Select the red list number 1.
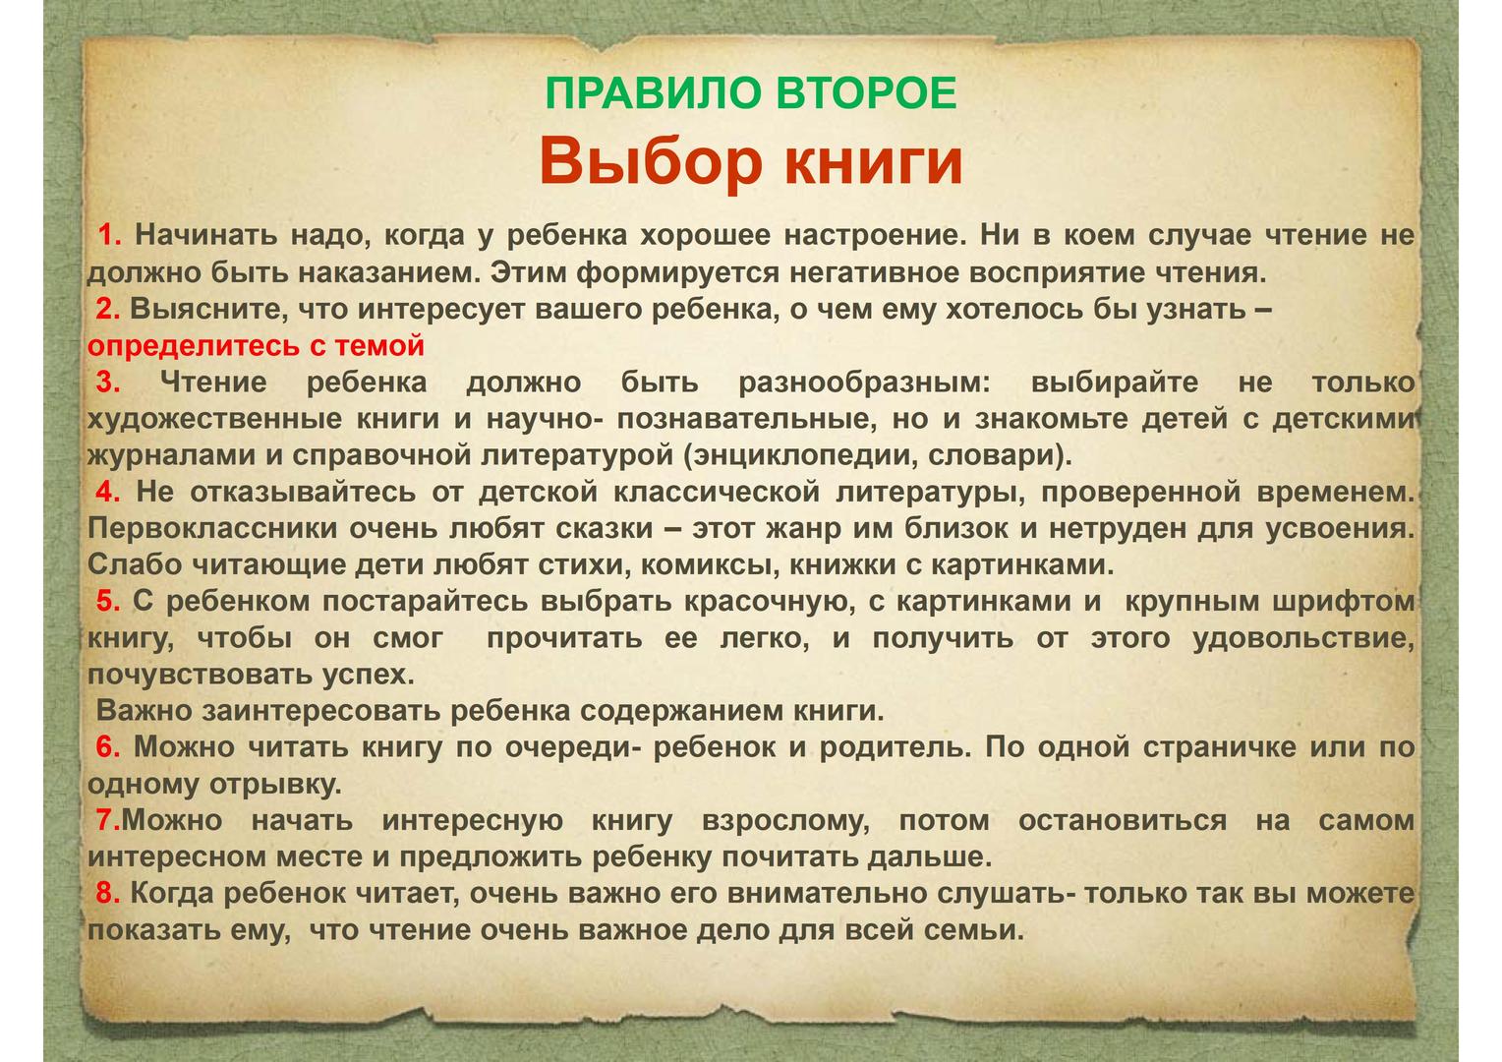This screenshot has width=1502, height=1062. coord(110,235)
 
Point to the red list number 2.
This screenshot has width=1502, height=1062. coord(108,309)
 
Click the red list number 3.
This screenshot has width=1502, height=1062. coord(108,382)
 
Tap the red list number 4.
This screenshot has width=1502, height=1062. coord(108,492)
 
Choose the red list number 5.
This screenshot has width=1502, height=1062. coord(108,601)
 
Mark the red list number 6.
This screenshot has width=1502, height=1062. coord(108,747)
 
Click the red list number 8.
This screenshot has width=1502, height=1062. coord(108,894)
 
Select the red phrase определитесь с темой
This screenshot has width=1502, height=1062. coord(257,346)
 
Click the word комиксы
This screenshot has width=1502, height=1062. coord(710,565)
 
